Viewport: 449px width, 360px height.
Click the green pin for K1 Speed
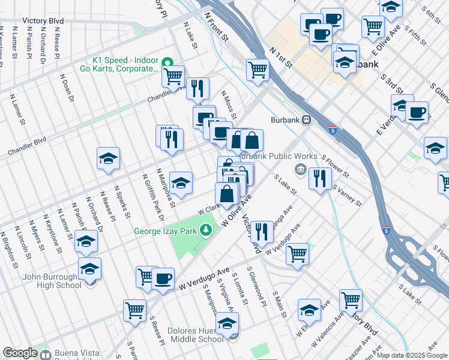[169, 61]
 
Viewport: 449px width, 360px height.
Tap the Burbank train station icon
[307, 119]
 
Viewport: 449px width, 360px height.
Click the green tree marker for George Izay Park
[206, 230]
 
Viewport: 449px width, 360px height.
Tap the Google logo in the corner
[20, 353]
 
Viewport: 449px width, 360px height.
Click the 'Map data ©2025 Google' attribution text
[412, 355]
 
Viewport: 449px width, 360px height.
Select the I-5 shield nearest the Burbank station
[333, 130]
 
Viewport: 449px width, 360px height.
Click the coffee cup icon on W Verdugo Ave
[162, 278]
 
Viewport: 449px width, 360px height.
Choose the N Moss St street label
[229, 105]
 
